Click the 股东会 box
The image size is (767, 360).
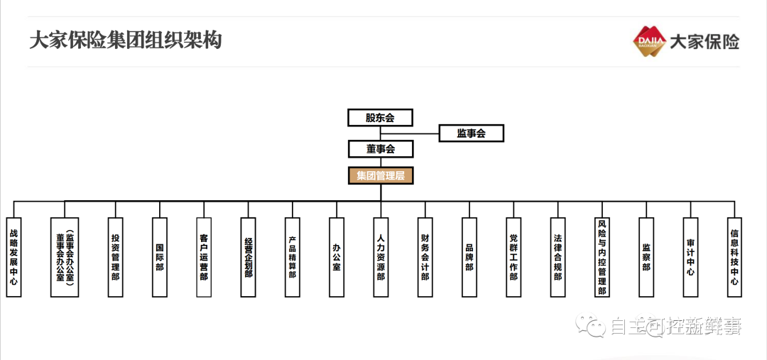pos(380,118)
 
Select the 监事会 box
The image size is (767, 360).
pos(471,133)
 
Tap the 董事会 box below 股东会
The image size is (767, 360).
pos(380,149)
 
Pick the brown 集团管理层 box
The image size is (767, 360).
pos(380,175)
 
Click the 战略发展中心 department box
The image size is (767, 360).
pos(13,257)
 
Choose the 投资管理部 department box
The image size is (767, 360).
pos(115,257)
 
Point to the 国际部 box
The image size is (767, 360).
pos(160,257)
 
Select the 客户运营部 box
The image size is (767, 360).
pos(204,257)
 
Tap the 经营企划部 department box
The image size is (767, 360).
pos(248,257)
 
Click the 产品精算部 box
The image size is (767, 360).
pos(292,257)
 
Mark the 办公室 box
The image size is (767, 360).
pos(337,257)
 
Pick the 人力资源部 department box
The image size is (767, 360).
pos(381,257)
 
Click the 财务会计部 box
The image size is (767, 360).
pos(425,257)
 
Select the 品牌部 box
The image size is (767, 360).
pos(469,257)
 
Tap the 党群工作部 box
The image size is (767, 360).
pos(513,257)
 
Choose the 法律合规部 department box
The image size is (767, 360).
pos(557,257)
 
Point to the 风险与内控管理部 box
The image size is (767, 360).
pos(602,257)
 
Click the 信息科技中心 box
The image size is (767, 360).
pos(734,257)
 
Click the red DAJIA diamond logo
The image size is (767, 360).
pos(649,41)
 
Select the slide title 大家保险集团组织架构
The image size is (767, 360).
pos(126,40)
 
